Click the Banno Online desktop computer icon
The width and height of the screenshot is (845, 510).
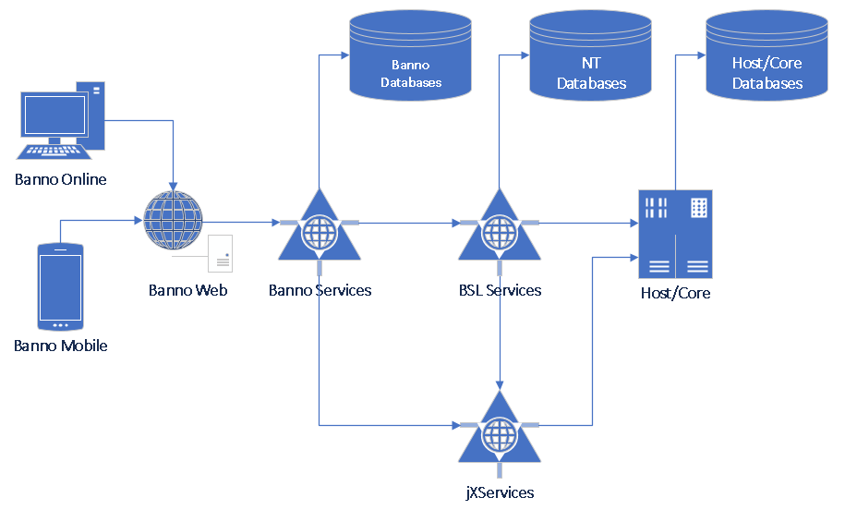(x=58, y=120)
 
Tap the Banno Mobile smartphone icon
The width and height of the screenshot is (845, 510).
(x=60, y=286)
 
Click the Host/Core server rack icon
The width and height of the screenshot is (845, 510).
(x=675, y=234)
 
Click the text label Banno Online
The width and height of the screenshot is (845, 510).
(x=61, y=179)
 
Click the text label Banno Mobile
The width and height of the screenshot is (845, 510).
(x=61, y=346)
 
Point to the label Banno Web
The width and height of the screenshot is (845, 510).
(x=187, y=290)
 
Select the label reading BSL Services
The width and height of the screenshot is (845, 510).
(x=500, y=290)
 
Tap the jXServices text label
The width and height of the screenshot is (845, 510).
(x=500, y=492)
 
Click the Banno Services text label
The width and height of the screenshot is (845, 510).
(x=320, y=290)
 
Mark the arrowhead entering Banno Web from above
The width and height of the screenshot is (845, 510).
(x=174, y=185)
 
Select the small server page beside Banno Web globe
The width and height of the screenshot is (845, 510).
(x=220, y=254)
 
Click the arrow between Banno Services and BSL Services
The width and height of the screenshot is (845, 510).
(x=406, y=223)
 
